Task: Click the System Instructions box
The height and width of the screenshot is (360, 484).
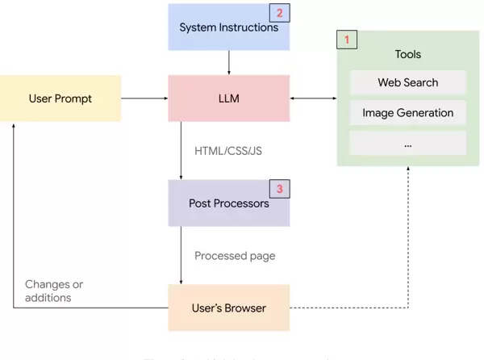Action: point(228,28)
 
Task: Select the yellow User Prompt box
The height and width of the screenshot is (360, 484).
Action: point(60,98)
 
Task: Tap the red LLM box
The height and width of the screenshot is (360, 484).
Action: point(228,98)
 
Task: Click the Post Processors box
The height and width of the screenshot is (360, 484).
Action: point(228,203)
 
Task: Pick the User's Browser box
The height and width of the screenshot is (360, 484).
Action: point(228,308)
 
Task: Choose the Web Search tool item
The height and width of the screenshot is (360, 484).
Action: point(407,82)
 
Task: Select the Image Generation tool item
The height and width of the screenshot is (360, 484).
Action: point(407,113)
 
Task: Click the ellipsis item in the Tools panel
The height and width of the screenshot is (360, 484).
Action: point(407,144)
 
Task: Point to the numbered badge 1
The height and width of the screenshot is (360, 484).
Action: point(347,39)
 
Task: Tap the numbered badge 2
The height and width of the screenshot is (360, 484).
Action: point(279,13)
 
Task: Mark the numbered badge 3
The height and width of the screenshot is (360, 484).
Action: point(279,189)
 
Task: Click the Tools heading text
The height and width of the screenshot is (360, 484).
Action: point(407,55)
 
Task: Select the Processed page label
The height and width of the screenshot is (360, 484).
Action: point(235,256)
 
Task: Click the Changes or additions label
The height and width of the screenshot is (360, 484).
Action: point(53,291)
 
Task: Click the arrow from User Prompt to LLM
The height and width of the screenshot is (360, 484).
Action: point(144,98)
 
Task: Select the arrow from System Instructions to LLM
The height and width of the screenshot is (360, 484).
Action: point(228,62)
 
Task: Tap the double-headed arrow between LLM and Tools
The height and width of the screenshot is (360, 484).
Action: point(313,98)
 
